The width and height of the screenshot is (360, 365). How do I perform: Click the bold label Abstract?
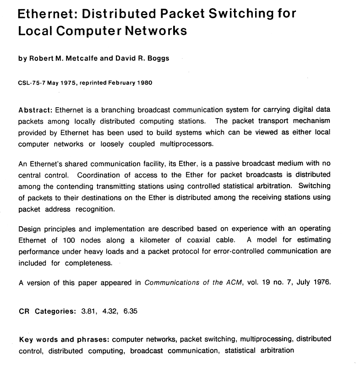[35, 110]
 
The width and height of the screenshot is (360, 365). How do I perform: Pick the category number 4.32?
[108, 312]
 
